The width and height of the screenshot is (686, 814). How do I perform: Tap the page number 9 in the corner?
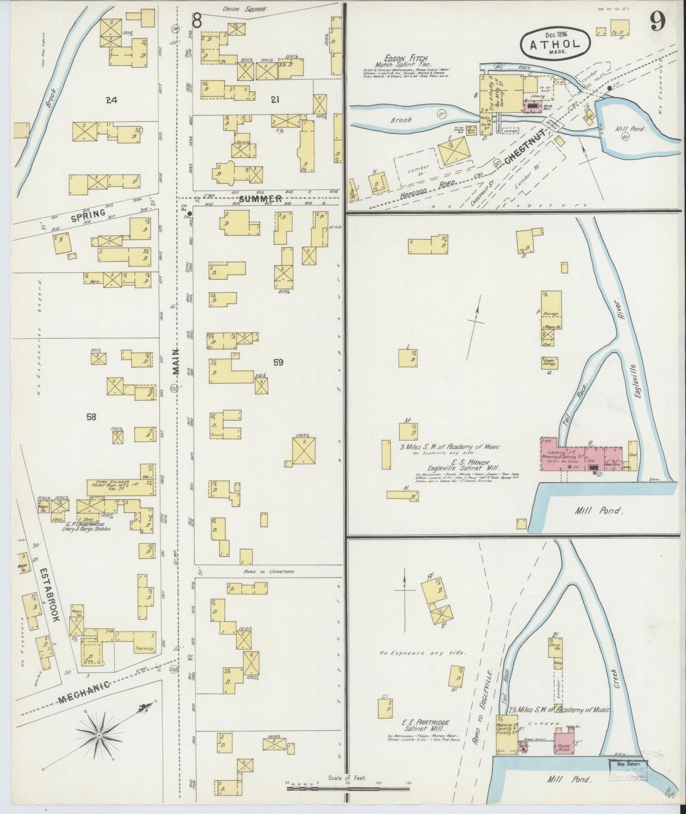658,21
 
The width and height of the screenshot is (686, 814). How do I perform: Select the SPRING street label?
87,214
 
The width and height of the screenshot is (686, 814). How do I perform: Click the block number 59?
278,363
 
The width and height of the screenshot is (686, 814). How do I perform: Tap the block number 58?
92,417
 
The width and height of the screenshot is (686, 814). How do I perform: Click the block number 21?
274,99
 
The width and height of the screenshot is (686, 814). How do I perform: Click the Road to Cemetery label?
269,572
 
